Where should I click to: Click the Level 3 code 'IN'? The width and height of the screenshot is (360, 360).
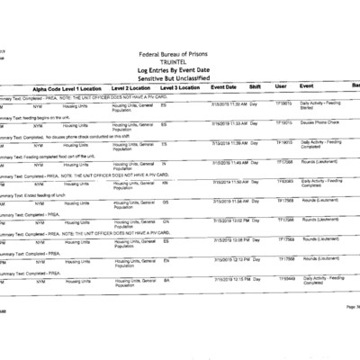163,163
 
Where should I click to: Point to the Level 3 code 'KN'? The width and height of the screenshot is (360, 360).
165,183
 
